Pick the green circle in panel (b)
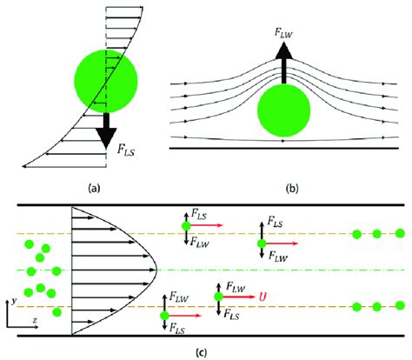pyautogui.click(x=285, y=114)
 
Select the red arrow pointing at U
pyautogui.click(x=236, y=297)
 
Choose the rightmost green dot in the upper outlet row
pyautogui.click(x=400, y=233)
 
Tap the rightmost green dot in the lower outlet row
pyautogui.click(x=400, y=306)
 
